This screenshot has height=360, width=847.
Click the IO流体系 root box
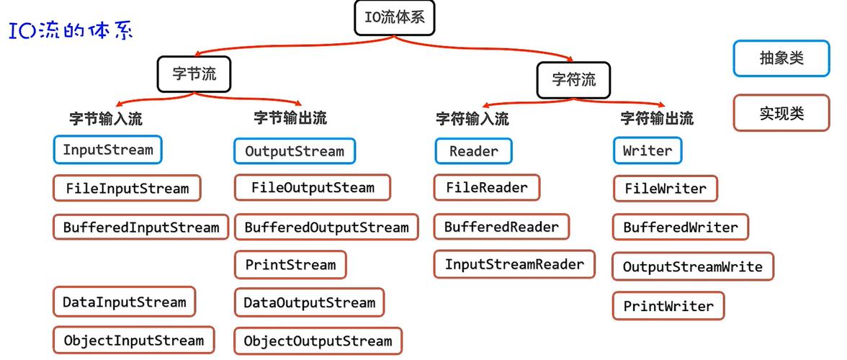click(395, 17)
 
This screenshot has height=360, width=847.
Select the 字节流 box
click(194, 74)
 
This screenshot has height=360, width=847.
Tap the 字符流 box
click(573, 80)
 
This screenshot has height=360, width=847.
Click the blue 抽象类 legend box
click(781, 58)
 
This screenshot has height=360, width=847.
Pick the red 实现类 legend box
click(781, 113)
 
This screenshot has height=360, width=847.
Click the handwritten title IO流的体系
click(71, 31)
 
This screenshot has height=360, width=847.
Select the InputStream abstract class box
click(108, 150)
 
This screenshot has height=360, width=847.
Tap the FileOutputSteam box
click(313, 188)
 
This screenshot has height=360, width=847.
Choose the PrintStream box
click(290, 264)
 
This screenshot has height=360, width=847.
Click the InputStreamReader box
click(514, 264)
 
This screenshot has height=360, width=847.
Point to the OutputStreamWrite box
click(692, 266)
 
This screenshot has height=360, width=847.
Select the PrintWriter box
click(668, 306)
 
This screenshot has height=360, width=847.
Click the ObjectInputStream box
click(133, 340)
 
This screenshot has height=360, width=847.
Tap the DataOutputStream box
click(309, 302)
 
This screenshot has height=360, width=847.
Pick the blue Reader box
click(473, 151)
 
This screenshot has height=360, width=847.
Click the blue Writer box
click(647, 151)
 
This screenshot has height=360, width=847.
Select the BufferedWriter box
click(680, 227)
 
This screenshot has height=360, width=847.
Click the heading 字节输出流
click(290, 117)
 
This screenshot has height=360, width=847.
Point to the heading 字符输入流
click(472, 118)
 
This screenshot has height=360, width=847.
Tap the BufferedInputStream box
click(140, 227)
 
